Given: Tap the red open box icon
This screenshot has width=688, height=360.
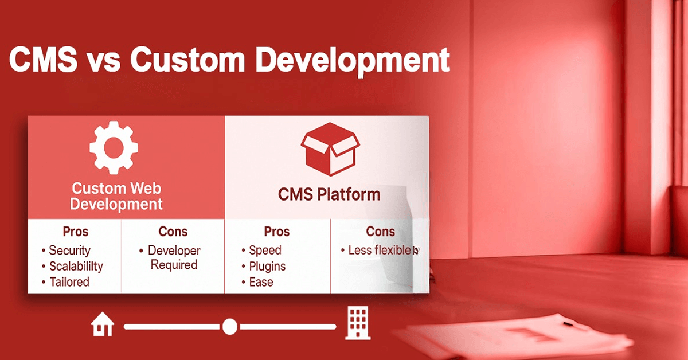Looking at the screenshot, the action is coord(330,149).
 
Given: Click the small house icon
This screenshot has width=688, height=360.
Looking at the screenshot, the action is coord(103,324).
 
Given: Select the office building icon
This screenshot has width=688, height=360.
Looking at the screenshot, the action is coord(358,323).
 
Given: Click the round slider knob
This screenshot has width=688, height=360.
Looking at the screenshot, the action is coord(230,327).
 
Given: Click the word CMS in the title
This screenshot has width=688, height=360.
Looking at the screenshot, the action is coord(44,59).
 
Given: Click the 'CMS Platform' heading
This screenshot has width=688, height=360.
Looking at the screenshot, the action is coord(329,195).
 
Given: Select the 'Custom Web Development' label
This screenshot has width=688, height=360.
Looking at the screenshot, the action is coord(116,196).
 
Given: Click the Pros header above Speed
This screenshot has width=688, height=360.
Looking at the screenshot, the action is coord(277,232).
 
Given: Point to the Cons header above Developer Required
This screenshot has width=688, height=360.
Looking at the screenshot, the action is coord(173,232).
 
